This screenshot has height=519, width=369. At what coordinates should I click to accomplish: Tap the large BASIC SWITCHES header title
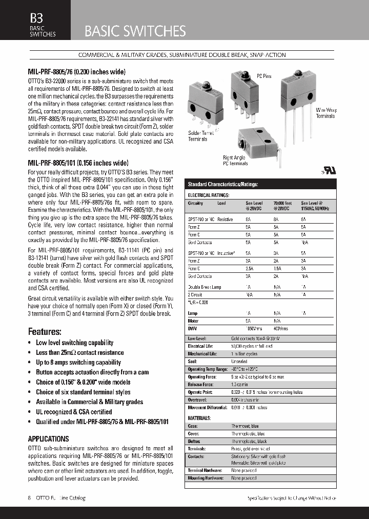[135, 31]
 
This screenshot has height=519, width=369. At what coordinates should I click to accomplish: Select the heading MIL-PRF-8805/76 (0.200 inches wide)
[76, 72]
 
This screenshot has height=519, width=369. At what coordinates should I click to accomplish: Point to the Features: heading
[45, 331]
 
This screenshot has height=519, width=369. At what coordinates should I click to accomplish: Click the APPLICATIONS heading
[48, 439]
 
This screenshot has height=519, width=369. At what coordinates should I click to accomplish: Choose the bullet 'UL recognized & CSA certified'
[74, 412]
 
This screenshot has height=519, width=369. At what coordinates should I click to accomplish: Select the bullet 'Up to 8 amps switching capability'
[78, 362]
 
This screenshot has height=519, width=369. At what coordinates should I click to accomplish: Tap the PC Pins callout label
[264, 76]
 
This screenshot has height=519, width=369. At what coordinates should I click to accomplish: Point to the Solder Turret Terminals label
[197, 136]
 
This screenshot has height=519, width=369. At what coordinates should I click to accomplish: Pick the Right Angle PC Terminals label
[235, 161]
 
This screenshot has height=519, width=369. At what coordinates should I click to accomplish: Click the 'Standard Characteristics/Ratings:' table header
[223, 184]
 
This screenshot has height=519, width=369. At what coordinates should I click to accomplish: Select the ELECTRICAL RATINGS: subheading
[209, 195]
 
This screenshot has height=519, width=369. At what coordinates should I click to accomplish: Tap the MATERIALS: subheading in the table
[199, 418]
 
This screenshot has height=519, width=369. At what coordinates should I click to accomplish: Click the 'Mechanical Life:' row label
[202, 354]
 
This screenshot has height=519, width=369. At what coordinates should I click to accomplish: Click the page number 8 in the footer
[29, 498]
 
